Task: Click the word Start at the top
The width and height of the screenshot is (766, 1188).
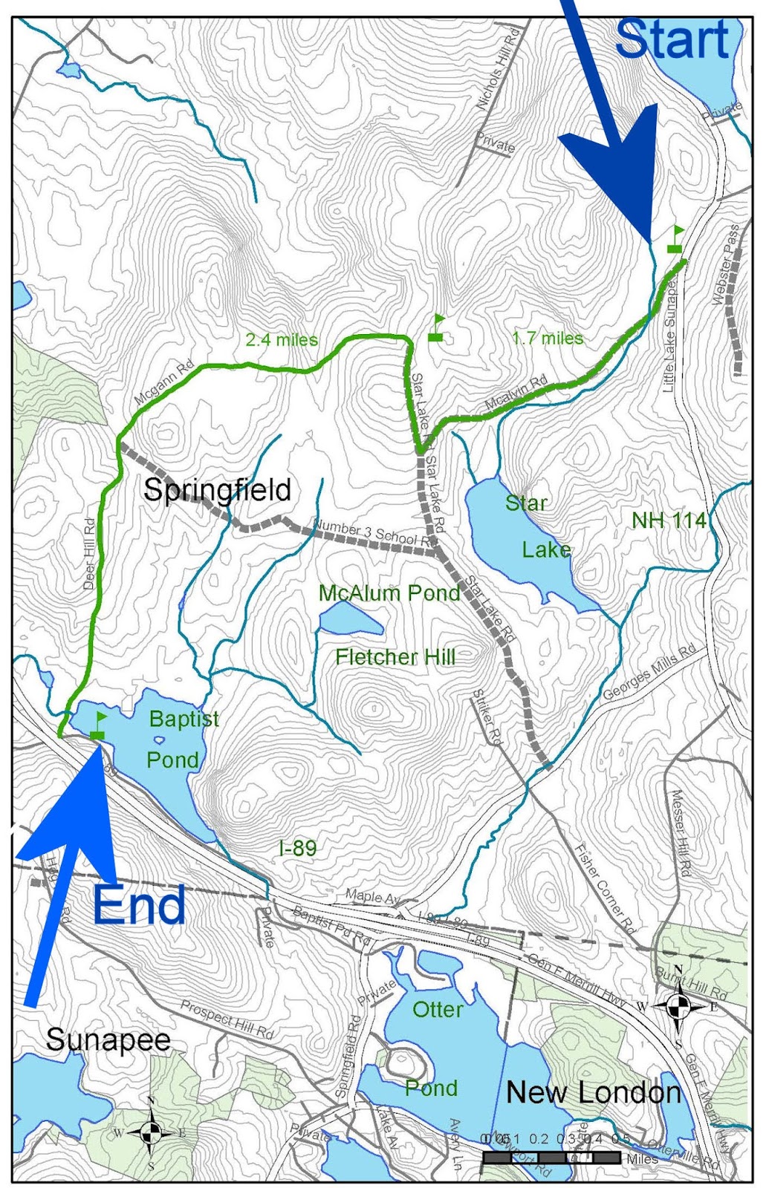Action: pyautogui.click(x=672, y=40)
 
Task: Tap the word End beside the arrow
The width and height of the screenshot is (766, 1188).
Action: pyautogui.click(x=139, y=905)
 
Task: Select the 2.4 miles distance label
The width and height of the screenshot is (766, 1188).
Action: pyautogui.click(x=282, y=340)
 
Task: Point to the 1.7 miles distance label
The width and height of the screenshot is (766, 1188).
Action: pyautogui.click(x=548, y=339)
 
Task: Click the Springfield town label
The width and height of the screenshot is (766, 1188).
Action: pyautogui.click(x=217, y=490)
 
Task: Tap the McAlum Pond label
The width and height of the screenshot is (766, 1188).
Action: pyautogui.click(x=389, y=593)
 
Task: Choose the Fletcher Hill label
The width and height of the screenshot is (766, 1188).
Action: pyautogui.click(x=395, y=657)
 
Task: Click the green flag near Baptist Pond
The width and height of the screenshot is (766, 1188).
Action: pyautogui.click(x=98, y=725)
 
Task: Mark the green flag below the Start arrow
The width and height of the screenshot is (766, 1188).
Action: pyautogui.click(x=675, y=240)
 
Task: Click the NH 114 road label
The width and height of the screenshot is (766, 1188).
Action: pyautogui.click(x=669, y=520)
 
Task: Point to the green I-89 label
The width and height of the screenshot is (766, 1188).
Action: pyautogui.click(x=298, y=848)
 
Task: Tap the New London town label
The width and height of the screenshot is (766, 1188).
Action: pyautogui.click(x=594, y=1092)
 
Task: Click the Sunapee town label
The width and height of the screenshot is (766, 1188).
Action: pyautogui.click(x=108, y=1039)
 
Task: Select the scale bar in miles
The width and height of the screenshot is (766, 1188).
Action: pyautogui.click(x=551, y=1158)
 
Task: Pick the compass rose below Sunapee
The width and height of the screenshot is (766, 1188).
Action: pyautogui.click(x=151, y=1132)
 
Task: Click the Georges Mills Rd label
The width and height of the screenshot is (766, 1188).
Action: pyautogui.click(x=649, y=672)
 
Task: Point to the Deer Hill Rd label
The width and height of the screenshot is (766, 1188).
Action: pyautogui.click(x=90, y=554)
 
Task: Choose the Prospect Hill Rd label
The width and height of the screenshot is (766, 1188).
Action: pyautogui.click(x=227, y=1019)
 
